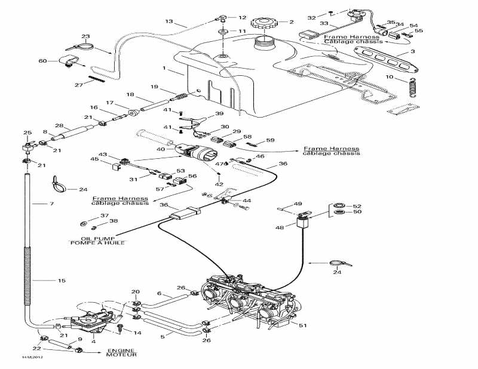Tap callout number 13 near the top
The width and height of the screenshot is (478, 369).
tap(169, 21)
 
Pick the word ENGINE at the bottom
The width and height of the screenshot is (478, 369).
tap(121, 350)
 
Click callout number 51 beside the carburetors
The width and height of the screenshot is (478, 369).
tap(303, 325)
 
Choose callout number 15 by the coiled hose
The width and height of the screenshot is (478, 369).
tap(45, 280)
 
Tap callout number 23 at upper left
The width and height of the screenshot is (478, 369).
tap(85, 36)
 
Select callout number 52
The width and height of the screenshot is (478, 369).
tap(358, 206)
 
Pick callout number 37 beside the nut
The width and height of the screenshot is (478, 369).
tap(105, 216)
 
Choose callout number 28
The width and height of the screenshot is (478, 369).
tap(59, 125)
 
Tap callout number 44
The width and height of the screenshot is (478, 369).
tap(247, 201)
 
